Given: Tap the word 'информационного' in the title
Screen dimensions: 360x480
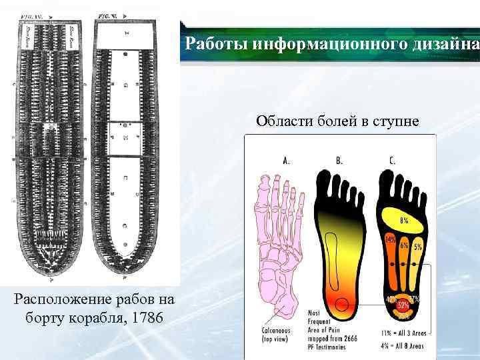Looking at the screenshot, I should point(306,44).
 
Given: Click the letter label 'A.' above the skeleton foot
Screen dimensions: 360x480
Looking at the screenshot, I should point(287,160).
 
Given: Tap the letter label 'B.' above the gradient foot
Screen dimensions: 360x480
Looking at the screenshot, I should point(339,160).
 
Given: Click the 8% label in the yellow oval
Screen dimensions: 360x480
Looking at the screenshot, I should point(405,220).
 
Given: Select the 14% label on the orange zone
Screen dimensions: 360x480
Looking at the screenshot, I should point(390,239).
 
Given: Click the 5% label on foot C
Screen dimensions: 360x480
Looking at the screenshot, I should point(417,247).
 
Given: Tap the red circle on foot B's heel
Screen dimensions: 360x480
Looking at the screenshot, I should point(343,305).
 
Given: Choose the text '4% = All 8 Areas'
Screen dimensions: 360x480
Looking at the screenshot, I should point(403,345).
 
